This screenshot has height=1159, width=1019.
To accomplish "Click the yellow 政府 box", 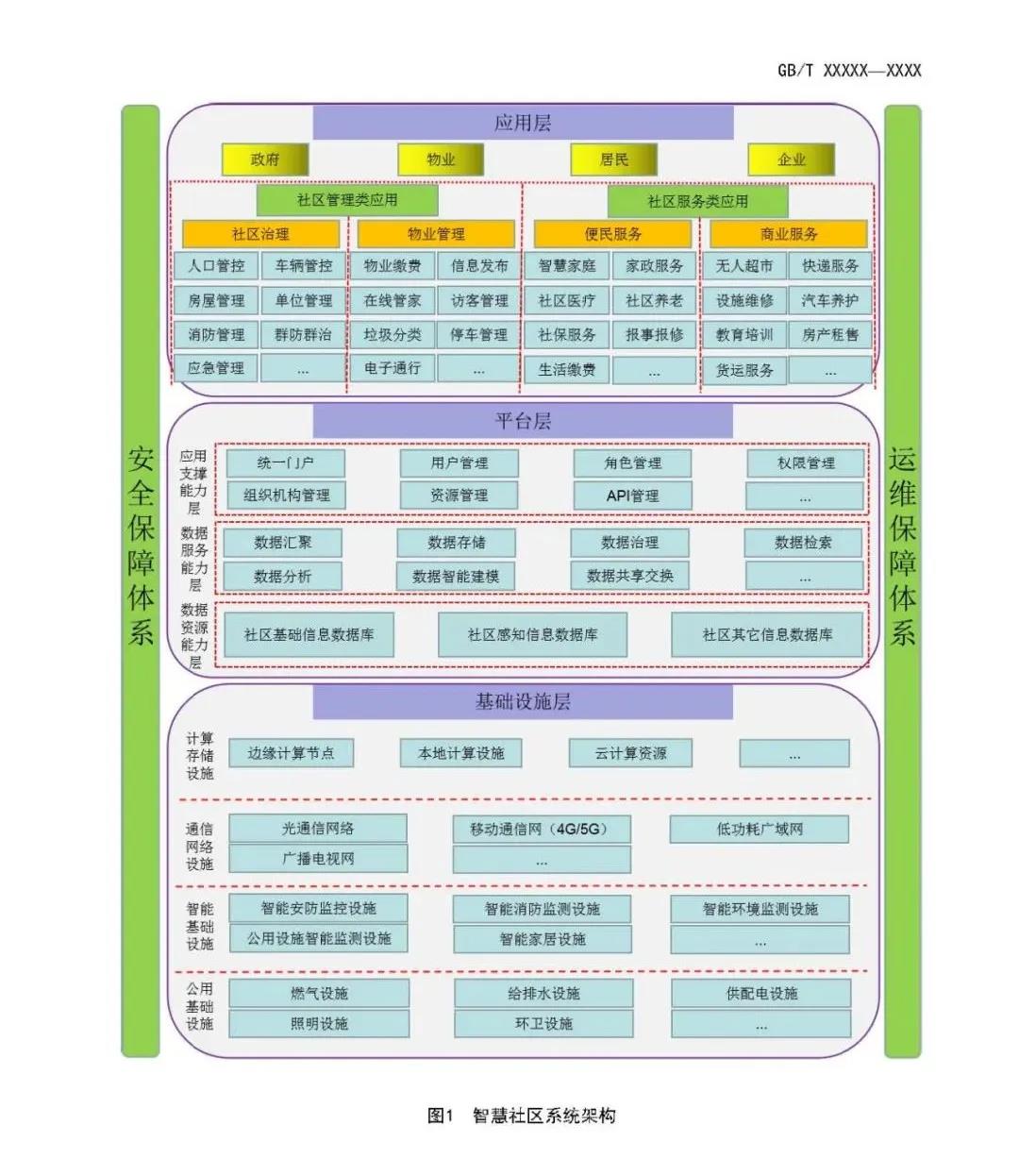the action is click(265, 160).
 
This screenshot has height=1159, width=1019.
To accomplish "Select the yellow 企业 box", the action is click(792, 160).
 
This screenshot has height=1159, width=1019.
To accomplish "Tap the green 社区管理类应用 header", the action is click(347, 200).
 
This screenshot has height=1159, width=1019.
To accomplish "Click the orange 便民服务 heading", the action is click(612, 234).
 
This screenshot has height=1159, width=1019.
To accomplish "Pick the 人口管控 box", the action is click(216, 266).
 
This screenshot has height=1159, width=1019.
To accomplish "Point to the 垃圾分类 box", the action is click(393, 335).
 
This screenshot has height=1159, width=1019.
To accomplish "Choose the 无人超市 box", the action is click(743, 266).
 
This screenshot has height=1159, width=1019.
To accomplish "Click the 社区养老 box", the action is click(654, 301).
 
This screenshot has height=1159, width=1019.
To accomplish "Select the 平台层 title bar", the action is click(523, 422).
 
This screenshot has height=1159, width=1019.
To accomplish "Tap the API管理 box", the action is click(632, 496).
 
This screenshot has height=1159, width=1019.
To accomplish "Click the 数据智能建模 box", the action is click(456, 576).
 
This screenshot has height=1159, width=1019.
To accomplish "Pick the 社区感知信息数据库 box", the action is click(532, 634).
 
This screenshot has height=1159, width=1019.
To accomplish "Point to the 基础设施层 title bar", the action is click(523, 701).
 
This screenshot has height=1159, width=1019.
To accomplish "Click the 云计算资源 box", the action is click(630, 753).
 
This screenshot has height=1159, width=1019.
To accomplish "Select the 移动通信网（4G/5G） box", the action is click(542, 829).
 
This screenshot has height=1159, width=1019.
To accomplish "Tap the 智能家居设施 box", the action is click(543, 939).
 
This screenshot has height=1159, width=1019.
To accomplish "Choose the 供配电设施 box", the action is click(761, 994).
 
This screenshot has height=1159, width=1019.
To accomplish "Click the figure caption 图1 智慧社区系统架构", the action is click(522, 1115).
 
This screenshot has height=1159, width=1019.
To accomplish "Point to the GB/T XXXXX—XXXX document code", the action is click(849, 71).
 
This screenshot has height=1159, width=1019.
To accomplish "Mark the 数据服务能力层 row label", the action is click(194, 559).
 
